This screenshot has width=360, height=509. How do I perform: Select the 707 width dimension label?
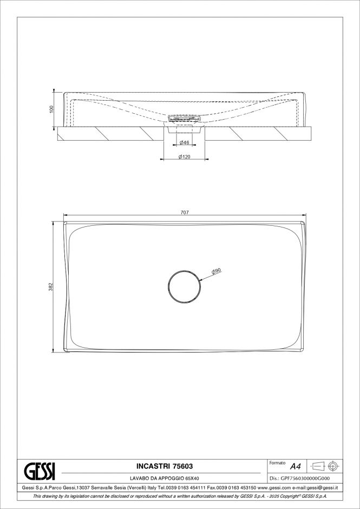tap(185, 212)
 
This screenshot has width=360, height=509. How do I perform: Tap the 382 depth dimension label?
tap(51, 286)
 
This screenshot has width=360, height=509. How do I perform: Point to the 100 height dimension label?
tap(51, 109)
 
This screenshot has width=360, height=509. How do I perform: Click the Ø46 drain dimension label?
tap(185, 142)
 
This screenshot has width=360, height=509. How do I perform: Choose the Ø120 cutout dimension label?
tap(185, 157)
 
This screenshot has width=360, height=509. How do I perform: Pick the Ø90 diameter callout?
tap(216, 272)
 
